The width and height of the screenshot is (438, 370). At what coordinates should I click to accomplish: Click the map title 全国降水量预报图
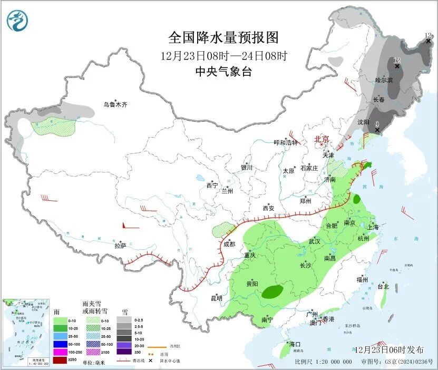click(223, 37)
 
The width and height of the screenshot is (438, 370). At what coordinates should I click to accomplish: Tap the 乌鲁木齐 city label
click(115, 104)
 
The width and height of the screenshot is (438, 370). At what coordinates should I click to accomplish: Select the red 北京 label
click(322, 139)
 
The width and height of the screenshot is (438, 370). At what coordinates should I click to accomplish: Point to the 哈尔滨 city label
click(384, 80)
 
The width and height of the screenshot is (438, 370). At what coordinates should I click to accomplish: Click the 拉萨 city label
click(120, 245)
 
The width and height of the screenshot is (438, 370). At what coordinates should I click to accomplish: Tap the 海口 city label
click(294, 344)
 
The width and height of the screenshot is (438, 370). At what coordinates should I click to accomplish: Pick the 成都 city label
click(229, 244)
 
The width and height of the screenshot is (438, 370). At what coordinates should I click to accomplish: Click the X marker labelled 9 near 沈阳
click(377, 129)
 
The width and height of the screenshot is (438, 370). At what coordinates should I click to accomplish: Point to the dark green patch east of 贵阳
click(272, 291)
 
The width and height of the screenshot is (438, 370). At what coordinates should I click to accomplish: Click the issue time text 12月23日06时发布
click(389, 349)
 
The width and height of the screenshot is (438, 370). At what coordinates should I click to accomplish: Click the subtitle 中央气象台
click(223, 72)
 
